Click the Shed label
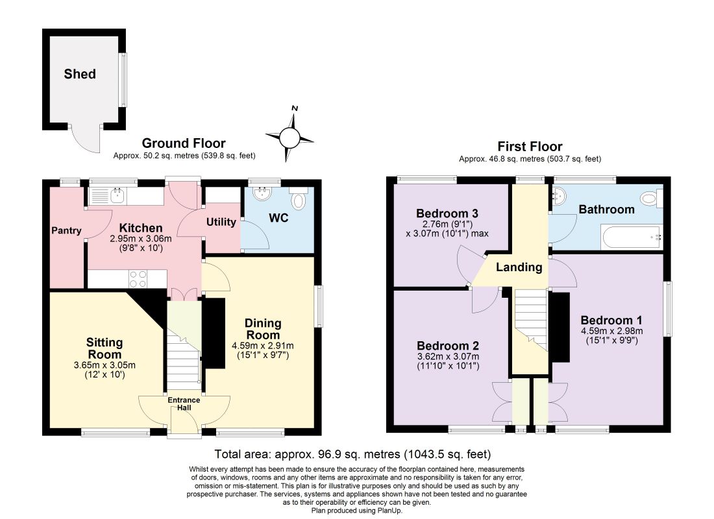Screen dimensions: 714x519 (80, 74)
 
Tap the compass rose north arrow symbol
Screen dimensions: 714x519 (290, 136)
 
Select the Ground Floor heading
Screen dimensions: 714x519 (184, 143)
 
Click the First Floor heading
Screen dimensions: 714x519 (530, 146)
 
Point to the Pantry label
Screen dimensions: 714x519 (66, 230)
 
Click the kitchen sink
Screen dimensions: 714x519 (117, 196)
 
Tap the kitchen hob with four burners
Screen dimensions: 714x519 (138, 278)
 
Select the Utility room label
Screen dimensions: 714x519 (221, 222)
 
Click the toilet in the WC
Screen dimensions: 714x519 (299, 199)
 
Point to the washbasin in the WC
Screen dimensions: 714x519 (263, 194)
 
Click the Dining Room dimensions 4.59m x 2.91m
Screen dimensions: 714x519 (263, 346)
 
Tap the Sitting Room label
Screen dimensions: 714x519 (105, 348)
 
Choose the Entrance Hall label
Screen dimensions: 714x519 (184, 404)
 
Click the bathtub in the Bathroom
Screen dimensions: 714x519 (631, 237)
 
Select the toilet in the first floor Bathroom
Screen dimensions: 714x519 (651, 199)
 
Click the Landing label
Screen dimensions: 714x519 (519, 267)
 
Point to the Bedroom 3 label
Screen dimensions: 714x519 (447, 213)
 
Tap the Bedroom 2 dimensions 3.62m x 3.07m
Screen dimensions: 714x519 (448, 357)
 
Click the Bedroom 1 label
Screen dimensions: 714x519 (611, 320)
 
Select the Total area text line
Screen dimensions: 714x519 (353, 454)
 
